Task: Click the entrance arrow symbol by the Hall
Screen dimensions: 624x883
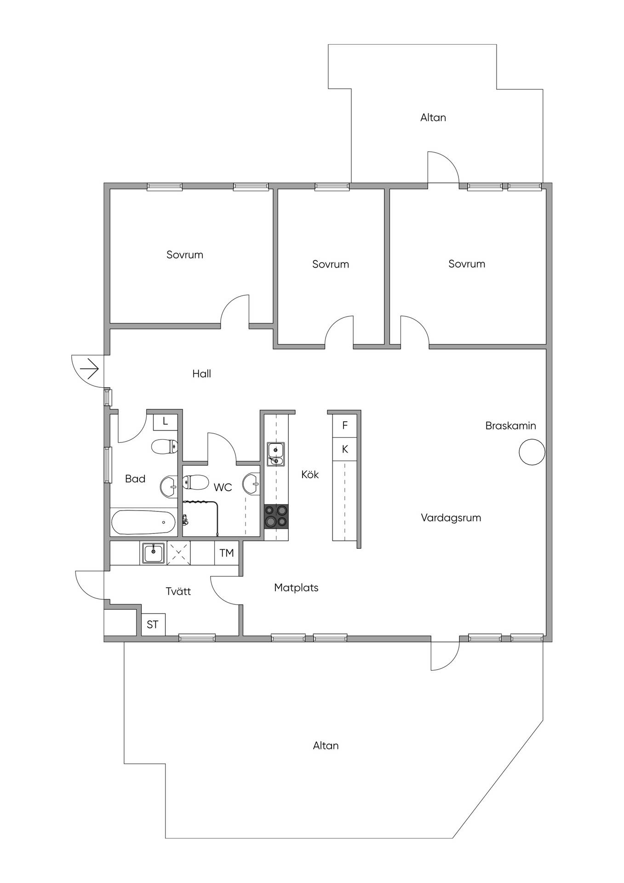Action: click(89, 369)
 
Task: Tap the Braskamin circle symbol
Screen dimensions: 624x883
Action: click(532, 452)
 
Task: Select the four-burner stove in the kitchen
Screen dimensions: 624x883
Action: click(276, 516)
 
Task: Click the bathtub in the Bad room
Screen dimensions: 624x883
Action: click(143, 522)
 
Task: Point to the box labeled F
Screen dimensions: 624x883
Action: click(345, 425)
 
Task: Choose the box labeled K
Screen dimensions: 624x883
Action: click(345, 449)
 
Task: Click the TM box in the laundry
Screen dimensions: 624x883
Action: click(227, 553)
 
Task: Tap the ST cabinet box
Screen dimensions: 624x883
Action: click(153, 625)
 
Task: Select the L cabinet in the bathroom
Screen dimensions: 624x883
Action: click(165, 421)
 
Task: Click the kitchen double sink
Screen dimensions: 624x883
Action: click(276, 454)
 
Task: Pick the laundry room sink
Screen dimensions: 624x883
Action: click(153, 553)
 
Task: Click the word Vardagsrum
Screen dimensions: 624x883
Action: click(451, 518)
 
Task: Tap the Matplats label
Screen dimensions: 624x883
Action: click(296, 587)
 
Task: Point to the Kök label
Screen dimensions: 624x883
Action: click(310, 474)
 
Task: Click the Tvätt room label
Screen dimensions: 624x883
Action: click(178, 591)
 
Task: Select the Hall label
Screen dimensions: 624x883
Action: click(201, 373)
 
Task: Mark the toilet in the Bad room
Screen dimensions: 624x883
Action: click(164, 447)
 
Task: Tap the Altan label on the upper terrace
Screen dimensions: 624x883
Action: click(433, 117)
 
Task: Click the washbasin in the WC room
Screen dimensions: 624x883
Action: click(252, 483)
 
